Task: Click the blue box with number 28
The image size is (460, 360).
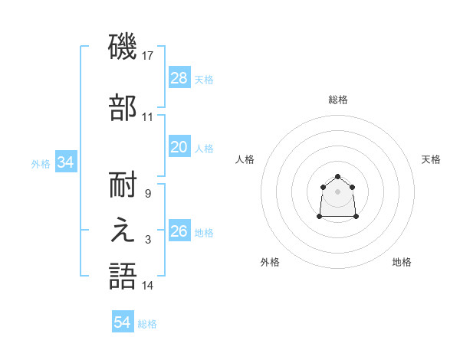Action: (179, 77)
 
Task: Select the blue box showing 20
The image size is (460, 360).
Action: (179, 147)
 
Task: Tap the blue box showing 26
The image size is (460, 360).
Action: (179, 231)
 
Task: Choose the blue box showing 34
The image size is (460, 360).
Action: (65, 162)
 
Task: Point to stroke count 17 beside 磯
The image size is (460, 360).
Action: (149, 55)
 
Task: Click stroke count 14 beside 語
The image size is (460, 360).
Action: (148, 286)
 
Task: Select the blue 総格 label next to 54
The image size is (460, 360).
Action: (147, 324)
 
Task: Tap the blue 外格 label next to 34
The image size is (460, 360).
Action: (41, 163)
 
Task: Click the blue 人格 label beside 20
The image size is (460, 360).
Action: (204, 148)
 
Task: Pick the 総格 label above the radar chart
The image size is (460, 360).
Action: (338, 100)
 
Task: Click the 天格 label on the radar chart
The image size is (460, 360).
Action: (431, 159)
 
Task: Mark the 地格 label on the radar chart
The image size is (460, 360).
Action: (402, 262)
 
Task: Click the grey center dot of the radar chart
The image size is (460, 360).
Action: (338, 191)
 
